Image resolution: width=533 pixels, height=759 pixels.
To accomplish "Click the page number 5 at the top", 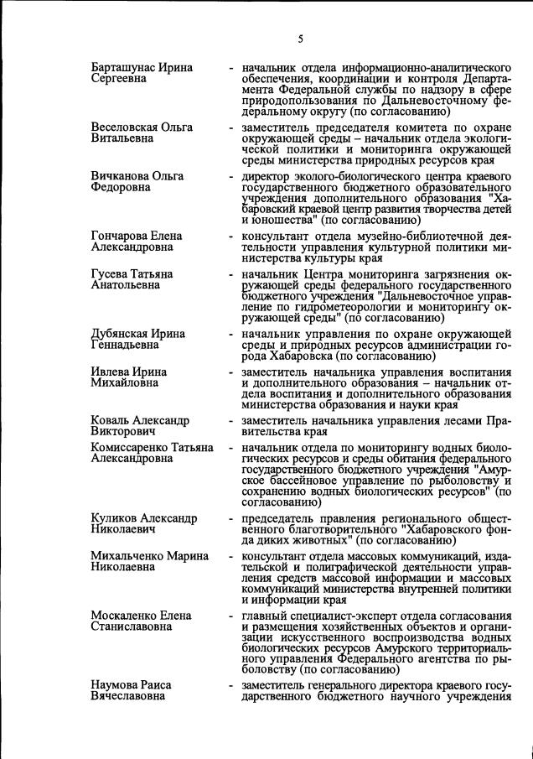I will pos(299,37).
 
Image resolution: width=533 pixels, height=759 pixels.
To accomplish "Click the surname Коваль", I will pos(111,420).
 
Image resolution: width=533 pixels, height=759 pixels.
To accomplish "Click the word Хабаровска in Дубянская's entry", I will pos(294,356).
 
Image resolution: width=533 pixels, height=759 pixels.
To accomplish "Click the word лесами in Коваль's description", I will pos(453,420).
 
